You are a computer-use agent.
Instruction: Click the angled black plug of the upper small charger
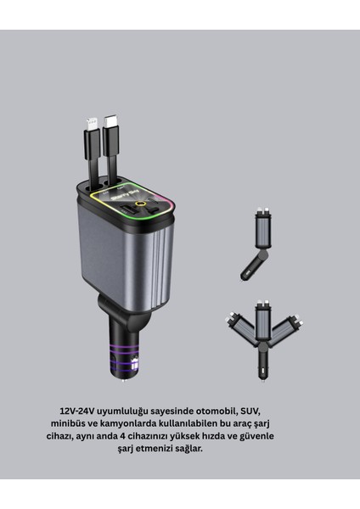pyautogui.click(x=251, y=270)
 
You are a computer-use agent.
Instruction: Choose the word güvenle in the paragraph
pyautogui.click(x=257, y=435)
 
